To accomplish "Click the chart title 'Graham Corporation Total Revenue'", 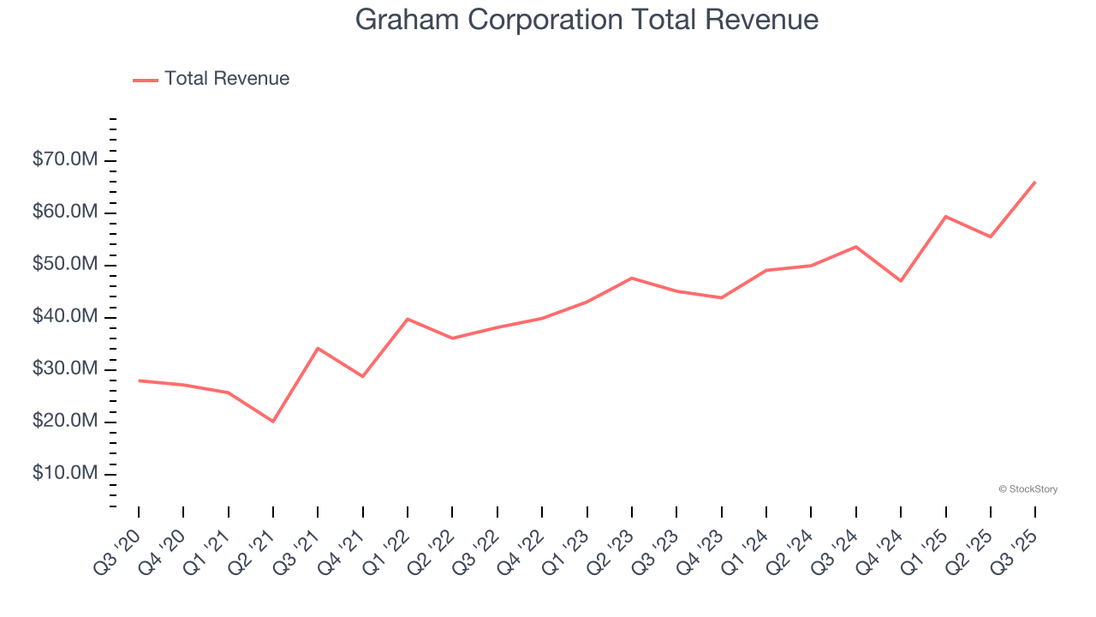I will tap(587, 20).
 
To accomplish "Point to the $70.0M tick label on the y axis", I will tap(65, 160).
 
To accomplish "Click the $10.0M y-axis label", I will tap(65, 474).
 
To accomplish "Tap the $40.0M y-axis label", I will tap(65, 317).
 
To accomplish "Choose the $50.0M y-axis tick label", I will tap(65, 265).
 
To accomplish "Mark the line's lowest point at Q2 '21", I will tap(273, 422).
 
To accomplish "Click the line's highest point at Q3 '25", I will tap(1035, 182).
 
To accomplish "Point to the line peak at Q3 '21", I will tap(318, 348).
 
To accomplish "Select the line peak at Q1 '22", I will tap(408, 319).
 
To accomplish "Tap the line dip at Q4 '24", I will tap(901, 281).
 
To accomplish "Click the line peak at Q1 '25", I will tap(945, 216).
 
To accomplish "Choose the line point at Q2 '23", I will tap(632, 278).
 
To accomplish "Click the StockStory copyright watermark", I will tap(1027, 489).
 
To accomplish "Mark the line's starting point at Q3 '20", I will tap(139, 380).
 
